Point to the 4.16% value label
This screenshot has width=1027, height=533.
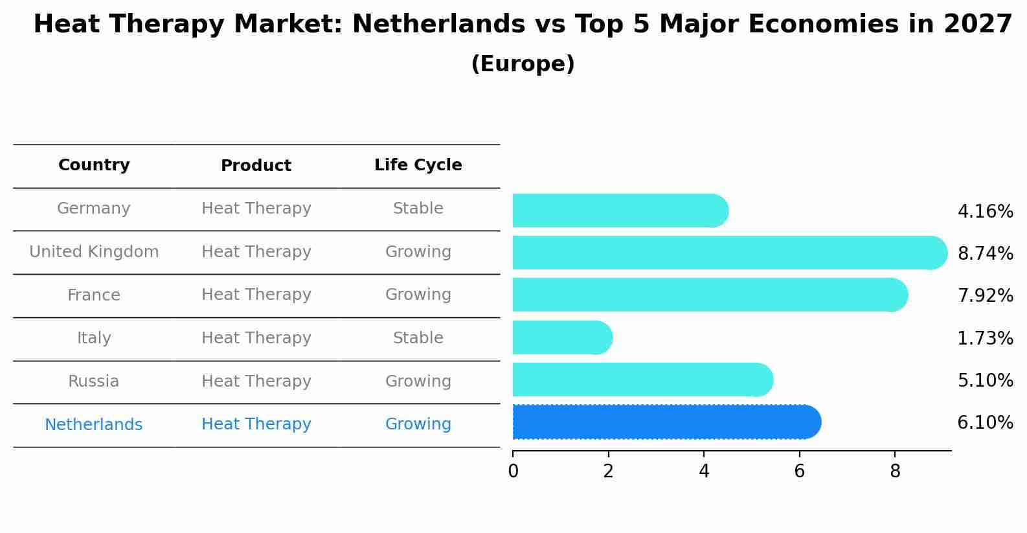(985, 212)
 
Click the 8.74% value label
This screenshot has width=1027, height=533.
(985, 254)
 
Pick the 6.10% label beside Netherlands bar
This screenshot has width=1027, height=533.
(985, 423)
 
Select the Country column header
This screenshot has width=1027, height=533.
(94, 165)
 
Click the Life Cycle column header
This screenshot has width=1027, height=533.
(418, 165)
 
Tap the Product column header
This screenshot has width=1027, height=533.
(256, 166)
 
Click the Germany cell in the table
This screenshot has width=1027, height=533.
(94, 209)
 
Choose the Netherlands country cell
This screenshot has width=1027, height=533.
(94, 425)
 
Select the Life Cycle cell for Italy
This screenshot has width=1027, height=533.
(418, 338)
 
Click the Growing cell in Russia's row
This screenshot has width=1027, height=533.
(418, 381)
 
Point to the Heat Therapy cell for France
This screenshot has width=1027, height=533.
(256, 295)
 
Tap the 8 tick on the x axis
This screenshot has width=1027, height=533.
(895, 471)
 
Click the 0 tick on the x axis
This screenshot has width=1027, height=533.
(513, 471)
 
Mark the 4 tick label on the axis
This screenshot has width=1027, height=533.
(704, 471)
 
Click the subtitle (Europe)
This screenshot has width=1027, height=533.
(523, 64)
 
